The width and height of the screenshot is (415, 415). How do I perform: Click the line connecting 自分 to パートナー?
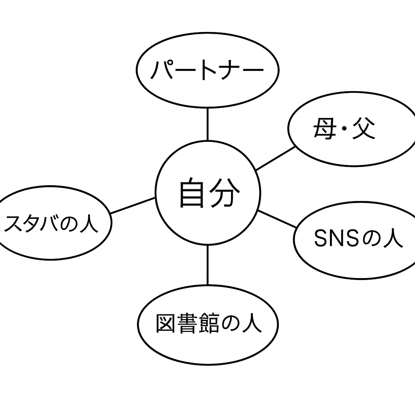pos(207,124)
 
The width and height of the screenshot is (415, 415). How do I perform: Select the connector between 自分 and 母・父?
pos(276,158)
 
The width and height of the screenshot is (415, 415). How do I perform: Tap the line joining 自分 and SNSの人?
pos(278,219)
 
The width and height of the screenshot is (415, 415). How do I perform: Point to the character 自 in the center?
pos(191,194)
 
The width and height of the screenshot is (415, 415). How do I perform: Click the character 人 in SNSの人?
pos(393,239)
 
